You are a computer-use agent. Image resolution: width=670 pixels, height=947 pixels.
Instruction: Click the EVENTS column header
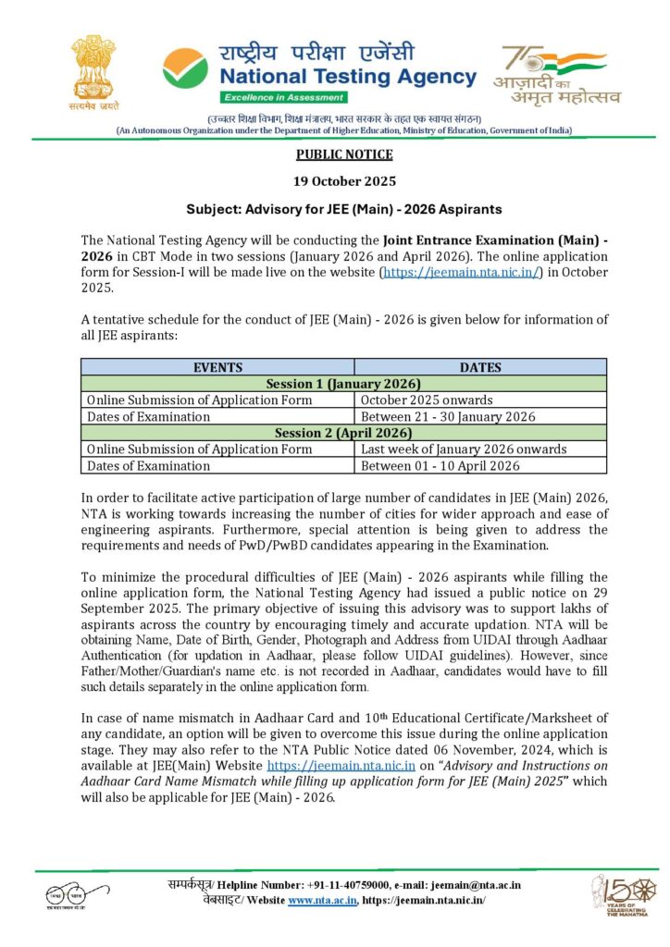coord(218,367)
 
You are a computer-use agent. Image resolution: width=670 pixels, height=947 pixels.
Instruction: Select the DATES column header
coord(480,367)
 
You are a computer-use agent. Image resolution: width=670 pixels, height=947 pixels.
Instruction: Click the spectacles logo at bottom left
coord(67,896)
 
